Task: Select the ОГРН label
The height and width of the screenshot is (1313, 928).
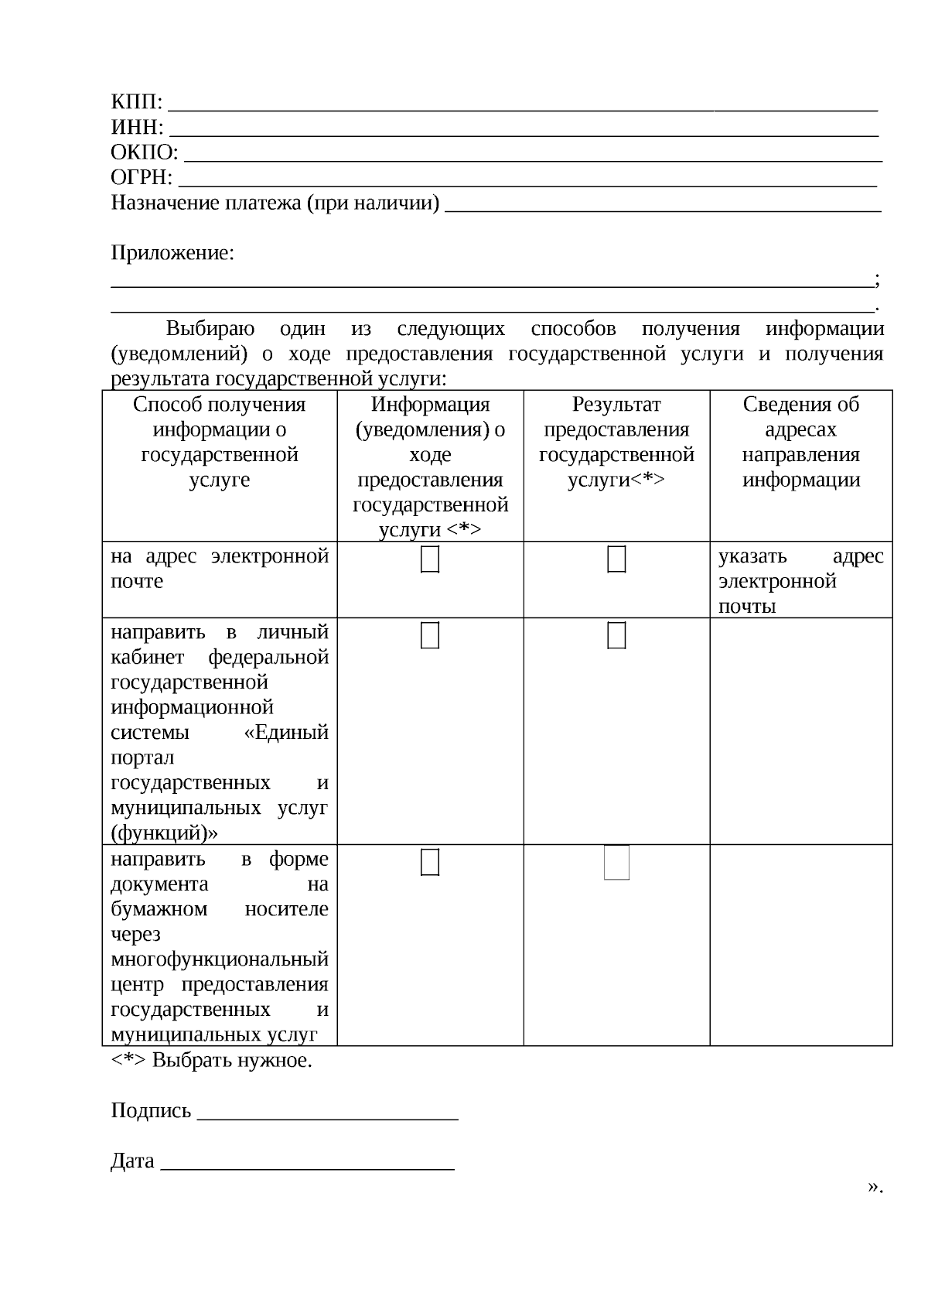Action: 142,178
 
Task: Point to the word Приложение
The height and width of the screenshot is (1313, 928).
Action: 172,253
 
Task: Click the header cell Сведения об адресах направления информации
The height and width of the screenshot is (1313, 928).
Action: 800,442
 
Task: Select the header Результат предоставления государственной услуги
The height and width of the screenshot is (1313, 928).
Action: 616,442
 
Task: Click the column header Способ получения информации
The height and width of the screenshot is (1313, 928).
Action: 220,442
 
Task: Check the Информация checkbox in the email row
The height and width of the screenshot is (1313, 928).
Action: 430,559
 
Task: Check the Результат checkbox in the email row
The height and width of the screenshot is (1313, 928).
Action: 616,559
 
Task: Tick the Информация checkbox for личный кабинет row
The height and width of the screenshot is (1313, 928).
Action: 430,635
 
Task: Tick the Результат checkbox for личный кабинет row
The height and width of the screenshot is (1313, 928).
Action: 616,635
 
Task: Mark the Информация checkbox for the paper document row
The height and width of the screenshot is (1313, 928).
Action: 430,862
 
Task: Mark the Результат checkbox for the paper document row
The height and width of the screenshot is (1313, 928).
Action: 616,863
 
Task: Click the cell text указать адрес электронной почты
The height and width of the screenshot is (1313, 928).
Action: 800,581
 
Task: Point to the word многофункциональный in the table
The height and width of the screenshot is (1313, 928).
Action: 220,959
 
